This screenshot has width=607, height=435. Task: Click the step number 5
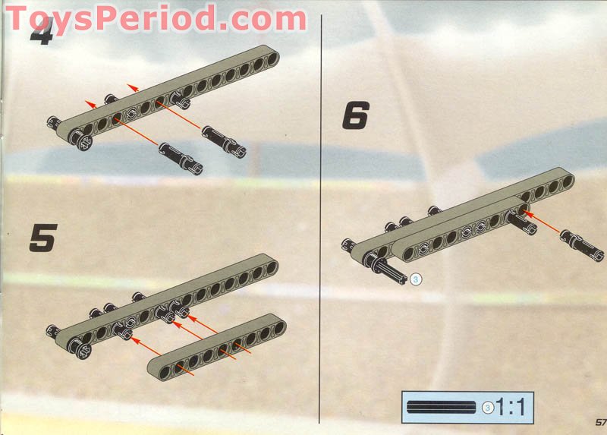[x=42, y=238]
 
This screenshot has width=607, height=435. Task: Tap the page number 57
[x=599, y=421]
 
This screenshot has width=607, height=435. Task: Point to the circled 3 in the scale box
[x=488, y=408]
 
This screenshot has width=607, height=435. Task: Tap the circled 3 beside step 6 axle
[x=414, y=280]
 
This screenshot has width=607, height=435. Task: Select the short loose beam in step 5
[x=217, y=345]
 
